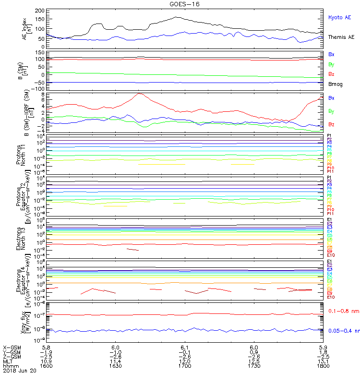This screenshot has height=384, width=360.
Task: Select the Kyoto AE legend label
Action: click(x=339, y=17)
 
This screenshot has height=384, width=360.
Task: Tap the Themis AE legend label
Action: click(x=341, y=37)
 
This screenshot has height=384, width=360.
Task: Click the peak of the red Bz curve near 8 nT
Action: click(x=139, y=94)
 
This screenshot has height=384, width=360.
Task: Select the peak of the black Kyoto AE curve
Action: click(x=177, y=17)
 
